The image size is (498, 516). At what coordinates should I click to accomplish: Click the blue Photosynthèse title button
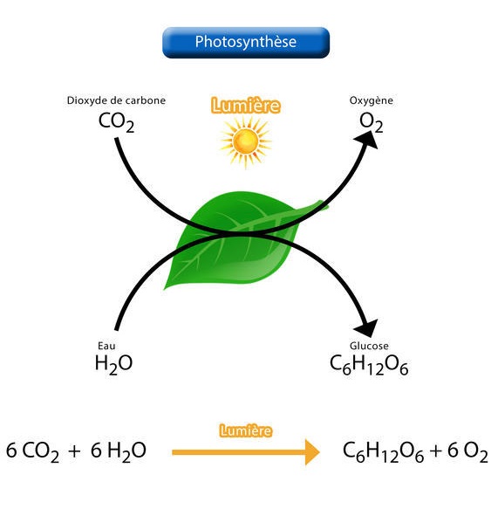246,43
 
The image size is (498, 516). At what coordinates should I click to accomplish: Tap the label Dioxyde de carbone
116,100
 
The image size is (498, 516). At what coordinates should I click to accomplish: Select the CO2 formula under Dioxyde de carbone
116,122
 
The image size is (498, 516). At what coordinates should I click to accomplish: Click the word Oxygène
372,100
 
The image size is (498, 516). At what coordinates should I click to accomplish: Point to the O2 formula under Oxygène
372,122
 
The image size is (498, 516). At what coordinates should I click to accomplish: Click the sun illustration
246,141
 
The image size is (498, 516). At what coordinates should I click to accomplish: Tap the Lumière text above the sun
246,106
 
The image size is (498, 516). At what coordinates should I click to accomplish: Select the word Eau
106,346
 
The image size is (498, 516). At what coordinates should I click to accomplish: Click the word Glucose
369,346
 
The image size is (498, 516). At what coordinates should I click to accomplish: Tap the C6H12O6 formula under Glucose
369,365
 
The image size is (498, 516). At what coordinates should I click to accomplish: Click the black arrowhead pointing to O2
368,140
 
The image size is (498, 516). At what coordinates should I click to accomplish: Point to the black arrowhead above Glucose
367,327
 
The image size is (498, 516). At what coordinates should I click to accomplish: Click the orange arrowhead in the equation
312,452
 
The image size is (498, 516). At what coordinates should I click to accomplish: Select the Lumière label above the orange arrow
246,430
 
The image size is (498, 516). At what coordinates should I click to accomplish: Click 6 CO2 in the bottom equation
32,451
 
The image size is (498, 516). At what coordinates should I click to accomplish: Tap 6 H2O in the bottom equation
119,451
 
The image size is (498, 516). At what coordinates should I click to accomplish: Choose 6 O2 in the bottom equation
467,451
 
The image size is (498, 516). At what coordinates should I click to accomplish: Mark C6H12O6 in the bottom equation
383,451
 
